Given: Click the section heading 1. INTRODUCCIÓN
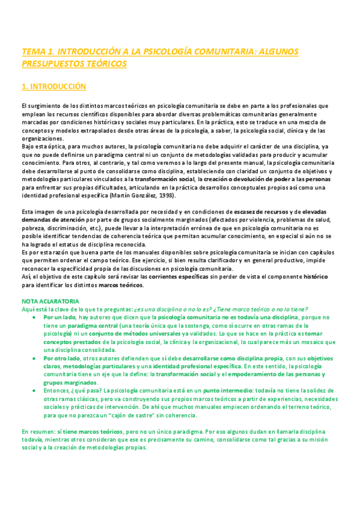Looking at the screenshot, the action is point(53,87).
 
